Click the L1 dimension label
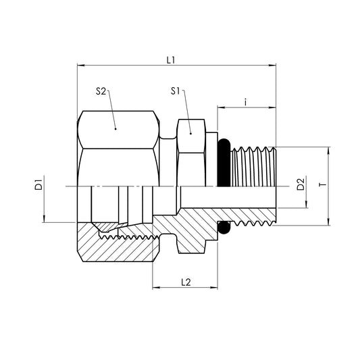point(171,59)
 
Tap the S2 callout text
point(101,91)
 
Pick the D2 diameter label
point(301,184)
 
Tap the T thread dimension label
point(322,184)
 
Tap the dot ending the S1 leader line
point(191,133)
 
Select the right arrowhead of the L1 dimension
point(274,66)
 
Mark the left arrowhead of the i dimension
point(220,107)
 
